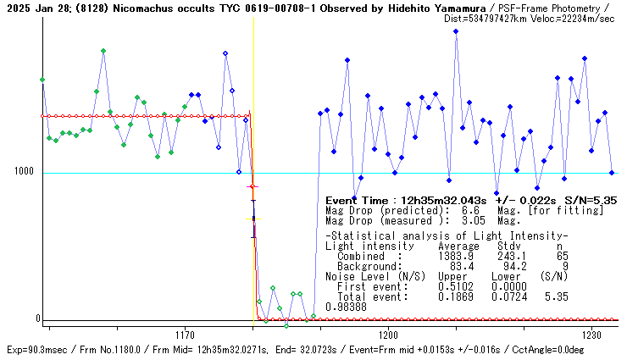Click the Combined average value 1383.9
tap(455, 256)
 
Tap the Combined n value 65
tap(562, 256)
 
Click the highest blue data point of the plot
tap(456, 31)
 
